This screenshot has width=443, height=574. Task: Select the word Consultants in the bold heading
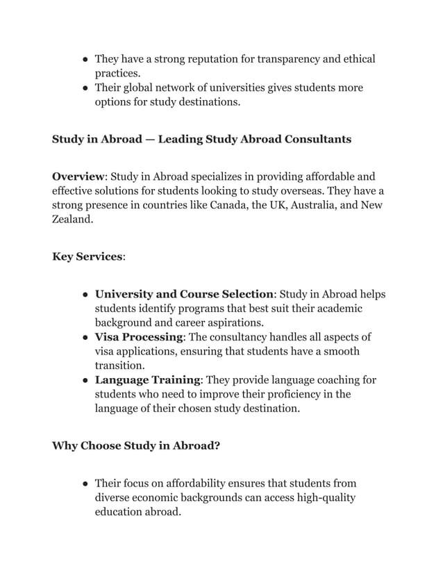coord(317,139)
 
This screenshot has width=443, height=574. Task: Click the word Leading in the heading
coord(181,139)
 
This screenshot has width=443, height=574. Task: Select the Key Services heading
coord(87,257)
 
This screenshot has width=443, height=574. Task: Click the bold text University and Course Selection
coord(184,294)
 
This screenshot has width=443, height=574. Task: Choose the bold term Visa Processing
coord(139,337)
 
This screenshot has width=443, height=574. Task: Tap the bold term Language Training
coord(147,380)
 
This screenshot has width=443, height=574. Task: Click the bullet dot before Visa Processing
coord(84,338)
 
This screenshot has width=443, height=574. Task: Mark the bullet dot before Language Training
coord(84,381)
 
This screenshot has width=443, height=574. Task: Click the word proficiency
coord(293,394)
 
